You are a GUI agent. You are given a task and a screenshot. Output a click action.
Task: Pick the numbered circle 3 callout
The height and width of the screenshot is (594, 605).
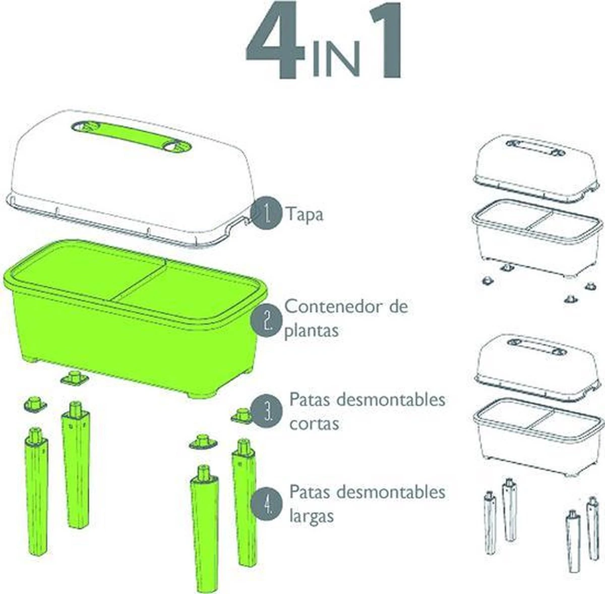pos(267,411)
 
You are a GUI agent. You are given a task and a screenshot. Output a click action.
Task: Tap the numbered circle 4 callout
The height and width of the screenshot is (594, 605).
pos(267,505)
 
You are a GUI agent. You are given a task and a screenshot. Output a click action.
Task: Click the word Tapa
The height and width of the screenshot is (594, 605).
pos(305,215)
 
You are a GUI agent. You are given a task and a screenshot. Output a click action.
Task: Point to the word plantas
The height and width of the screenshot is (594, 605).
pos(311,331)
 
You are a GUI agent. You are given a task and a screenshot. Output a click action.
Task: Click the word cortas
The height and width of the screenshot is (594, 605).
pos(314,424)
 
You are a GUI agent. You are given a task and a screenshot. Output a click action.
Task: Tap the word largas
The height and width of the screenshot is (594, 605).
pos(311,516)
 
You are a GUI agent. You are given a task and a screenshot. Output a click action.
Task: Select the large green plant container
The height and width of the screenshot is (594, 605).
pos(135,318)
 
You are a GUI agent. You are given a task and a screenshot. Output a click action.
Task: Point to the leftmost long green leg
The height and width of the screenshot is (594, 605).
pos(36,491)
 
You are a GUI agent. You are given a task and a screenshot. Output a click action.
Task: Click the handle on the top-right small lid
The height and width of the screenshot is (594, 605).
pos(535,148)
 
